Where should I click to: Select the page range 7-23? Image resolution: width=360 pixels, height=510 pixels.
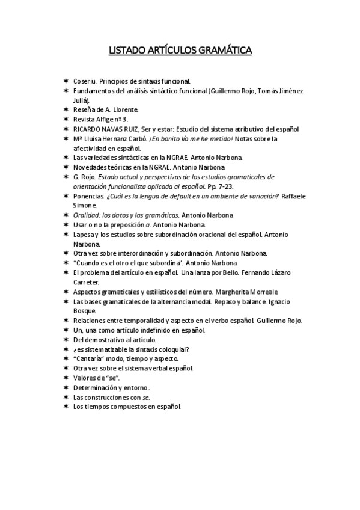coord(225,186)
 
